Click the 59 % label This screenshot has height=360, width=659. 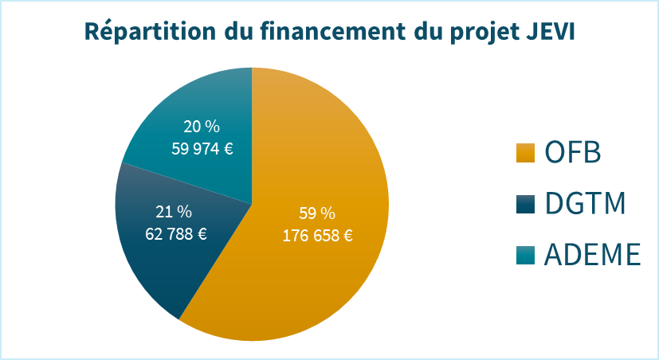coord(317,213)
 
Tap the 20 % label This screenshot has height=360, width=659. coord(202,127)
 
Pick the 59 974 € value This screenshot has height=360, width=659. coord(202,148)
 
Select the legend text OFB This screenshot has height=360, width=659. coord(572,151)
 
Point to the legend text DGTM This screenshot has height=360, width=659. coord(585,203)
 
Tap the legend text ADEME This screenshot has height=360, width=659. coord(593,255)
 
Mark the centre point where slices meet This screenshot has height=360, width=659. coord(252,204)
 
